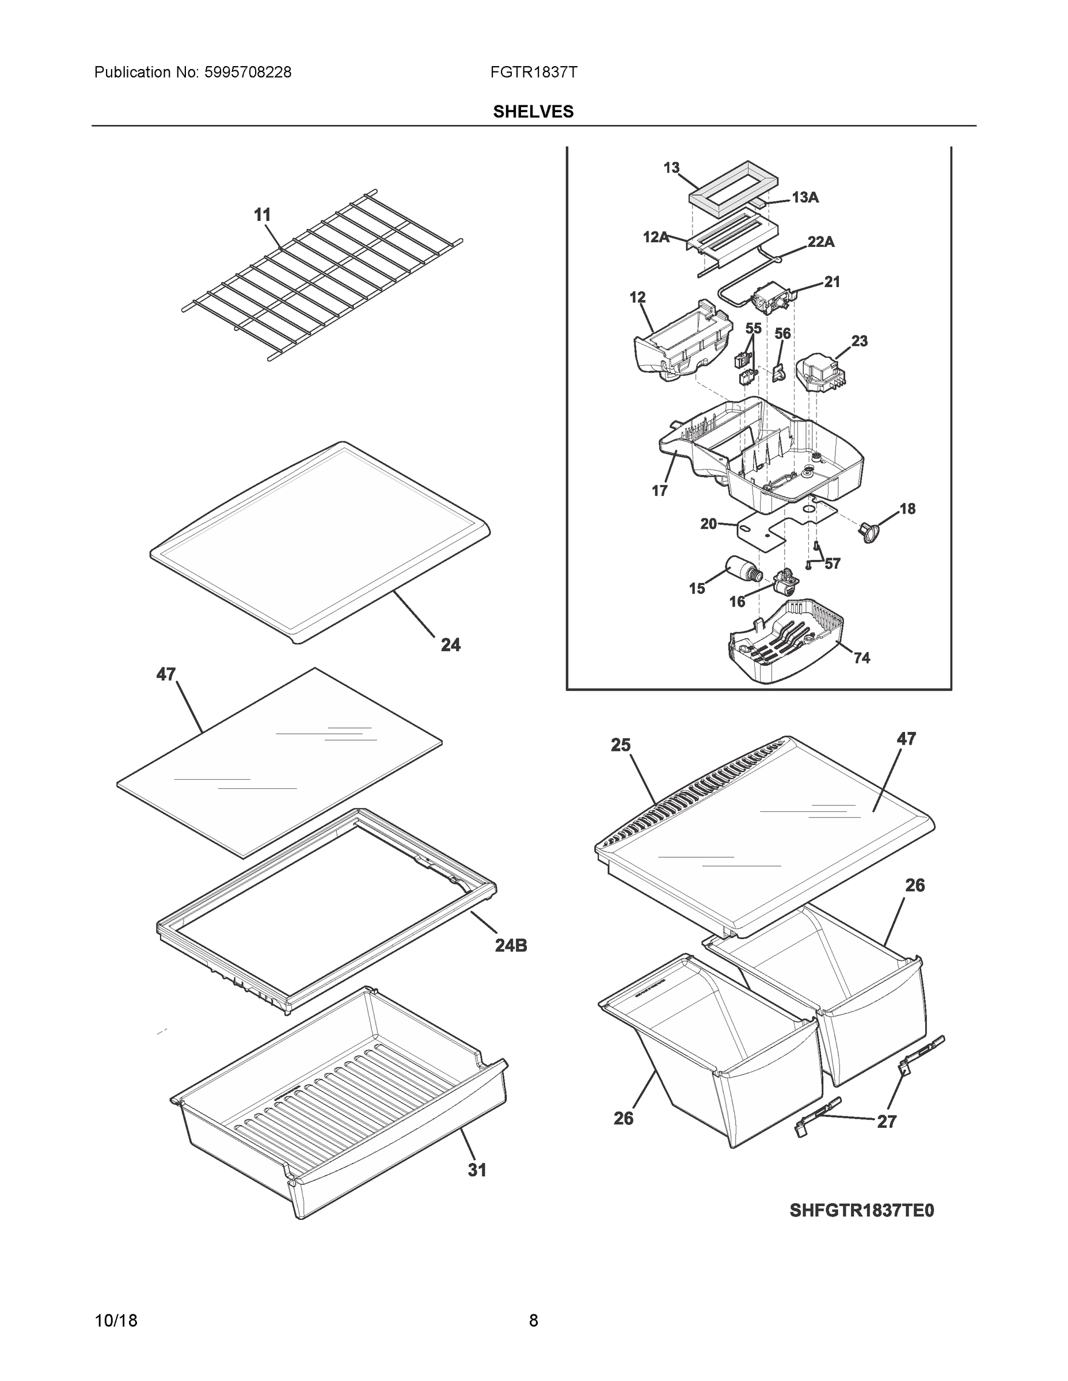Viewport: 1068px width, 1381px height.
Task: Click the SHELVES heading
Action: coord(533,112)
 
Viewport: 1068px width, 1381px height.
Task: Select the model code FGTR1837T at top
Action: coord(533,73)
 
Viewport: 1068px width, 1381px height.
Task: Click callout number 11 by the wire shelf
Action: coord(262,215)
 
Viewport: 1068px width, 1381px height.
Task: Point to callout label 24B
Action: coord(511,945)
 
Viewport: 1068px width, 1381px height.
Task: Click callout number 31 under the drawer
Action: coord(477,1170)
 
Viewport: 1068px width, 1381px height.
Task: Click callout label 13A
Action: coord(805,198)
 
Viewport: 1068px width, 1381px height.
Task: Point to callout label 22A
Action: coord(820,242)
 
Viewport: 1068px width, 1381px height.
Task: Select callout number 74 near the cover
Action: coord(862,658)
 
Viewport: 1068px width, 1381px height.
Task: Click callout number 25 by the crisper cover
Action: coord(621,746)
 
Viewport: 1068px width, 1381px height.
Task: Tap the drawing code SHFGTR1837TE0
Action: coord(861,1210)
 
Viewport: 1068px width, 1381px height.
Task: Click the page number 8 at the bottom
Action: coord(533,1321)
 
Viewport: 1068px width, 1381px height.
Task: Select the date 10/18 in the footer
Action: coord(116,1321)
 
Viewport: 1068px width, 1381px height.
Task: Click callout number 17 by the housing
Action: coord(659,491)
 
